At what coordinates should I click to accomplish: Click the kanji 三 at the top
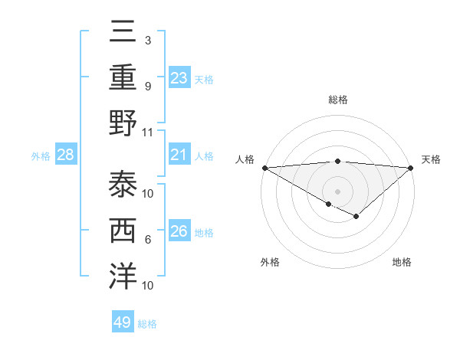123,32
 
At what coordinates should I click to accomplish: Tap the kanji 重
123,77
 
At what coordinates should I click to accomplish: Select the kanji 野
123,123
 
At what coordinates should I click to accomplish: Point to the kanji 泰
123,184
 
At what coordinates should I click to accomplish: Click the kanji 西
123,230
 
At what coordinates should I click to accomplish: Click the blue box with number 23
179,77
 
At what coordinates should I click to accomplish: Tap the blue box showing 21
179,155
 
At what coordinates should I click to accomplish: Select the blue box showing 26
179,231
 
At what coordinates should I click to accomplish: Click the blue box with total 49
122,322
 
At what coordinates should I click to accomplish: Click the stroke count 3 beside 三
148,40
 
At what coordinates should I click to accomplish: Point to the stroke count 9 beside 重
148,86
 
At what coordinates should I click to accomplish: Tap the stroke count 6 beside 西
148,240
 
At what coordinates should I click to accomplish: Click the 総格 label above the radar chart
337,100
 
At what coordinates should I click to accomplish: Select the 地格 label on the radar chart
402,263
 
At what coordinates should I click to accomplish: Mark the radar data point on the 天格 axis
412,168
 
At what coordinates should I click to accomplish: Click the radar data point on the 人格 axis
264,168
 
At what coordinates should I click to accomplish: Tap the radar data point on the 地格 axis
356,217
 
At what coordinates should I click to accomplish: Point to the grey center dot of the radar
337,191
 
